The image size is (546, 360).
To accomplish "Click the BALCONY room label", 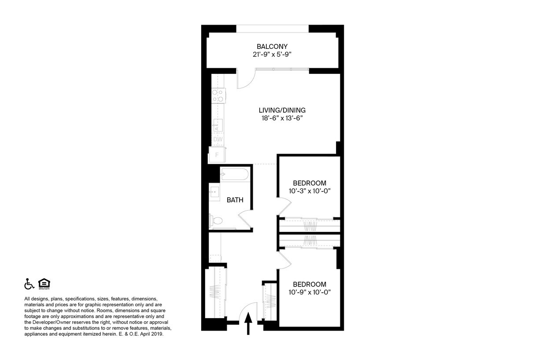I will click(x=272, y=46).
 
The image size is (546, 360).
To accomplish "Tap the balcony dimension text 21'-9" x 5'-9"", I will click(x=272, y=55).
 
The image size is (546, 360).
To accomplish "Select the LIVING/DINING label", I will click(x=282, y=110).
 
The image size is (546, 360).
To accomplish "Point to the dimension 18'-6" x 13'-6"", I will click(x=282, y=118).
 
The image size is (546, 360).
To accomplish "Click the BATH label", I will click(x=235, y=200).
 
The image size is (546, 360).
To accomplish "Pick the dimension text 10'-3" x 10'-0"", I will click(x=309, y=191).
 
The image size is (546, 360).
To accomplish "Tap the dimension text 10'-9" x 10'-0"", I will click(x=309, y=292).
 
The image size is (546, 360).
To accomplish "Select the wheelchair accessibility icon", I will click(x=29, y=284).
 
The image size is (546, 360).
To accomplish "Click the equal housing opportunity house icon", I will click(x=44, y=284).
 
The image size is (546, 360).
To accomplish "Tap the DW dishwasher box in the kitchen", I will click(x=218, y=140).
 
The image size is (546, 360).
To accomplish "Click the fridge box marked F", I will click(x=217, y=155).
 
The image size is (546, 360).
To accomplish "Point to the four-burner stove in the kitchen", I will click(x=217, y=96).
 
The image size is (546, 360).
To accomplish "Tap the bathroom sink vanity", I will click(x=214, y=193).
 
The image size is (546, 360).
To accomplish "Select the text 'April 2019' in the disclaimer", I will click(x=152, y=334).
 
